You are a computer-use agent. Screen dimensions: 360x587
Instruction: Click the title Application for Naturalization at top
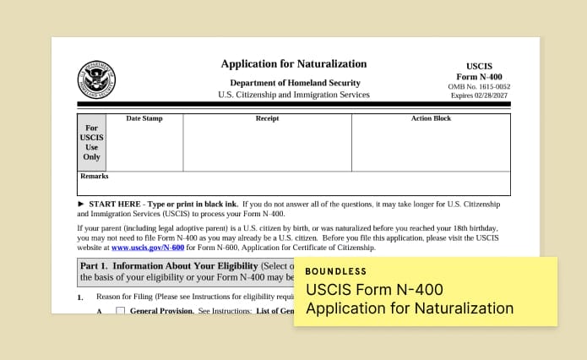pos(294,63)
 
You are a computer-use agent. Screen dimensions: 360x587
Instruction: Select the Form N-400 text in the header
pos(479,76)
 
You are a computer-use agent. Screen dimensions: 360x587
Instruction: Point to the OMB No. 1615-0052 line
pos(479,86)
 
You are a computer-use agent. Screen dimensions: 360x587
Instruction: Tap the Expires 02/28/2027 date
pos(479,95)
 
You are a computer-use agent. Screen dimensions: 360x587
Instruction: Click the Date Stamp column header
pos(144,118)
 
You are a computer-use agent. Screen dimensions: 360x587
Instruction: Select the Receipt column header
pos(267,118)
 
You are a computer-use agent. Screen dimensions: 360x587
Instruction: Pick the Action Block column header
pos(431,118)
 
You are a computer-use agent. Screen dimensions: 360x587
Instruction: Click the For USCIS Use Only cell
pos(91,142)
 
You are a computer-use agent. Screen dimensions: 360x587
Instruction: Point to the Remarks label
pos(94,177)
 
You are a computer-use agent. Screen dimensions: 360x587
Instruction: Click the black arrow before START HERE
pos(81,205)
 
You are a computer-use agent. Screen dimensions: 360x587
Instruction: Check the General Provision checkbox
pos(120,311)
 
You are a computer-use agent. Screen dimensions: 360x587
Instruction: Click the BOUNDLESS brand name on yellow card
pos(336,272)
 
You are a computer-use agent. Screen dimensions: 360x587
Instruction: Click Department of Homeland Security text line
pos(295,83)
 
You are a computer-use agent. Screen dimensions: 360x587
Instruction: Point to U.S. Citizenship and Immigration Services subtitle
pos(294,95)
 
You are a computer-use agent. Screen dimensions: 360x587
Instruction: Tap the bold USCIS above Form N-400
pos(479,66)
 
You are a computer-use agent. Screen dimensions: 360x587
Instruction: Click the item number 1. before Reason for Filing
pos(80,297)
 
